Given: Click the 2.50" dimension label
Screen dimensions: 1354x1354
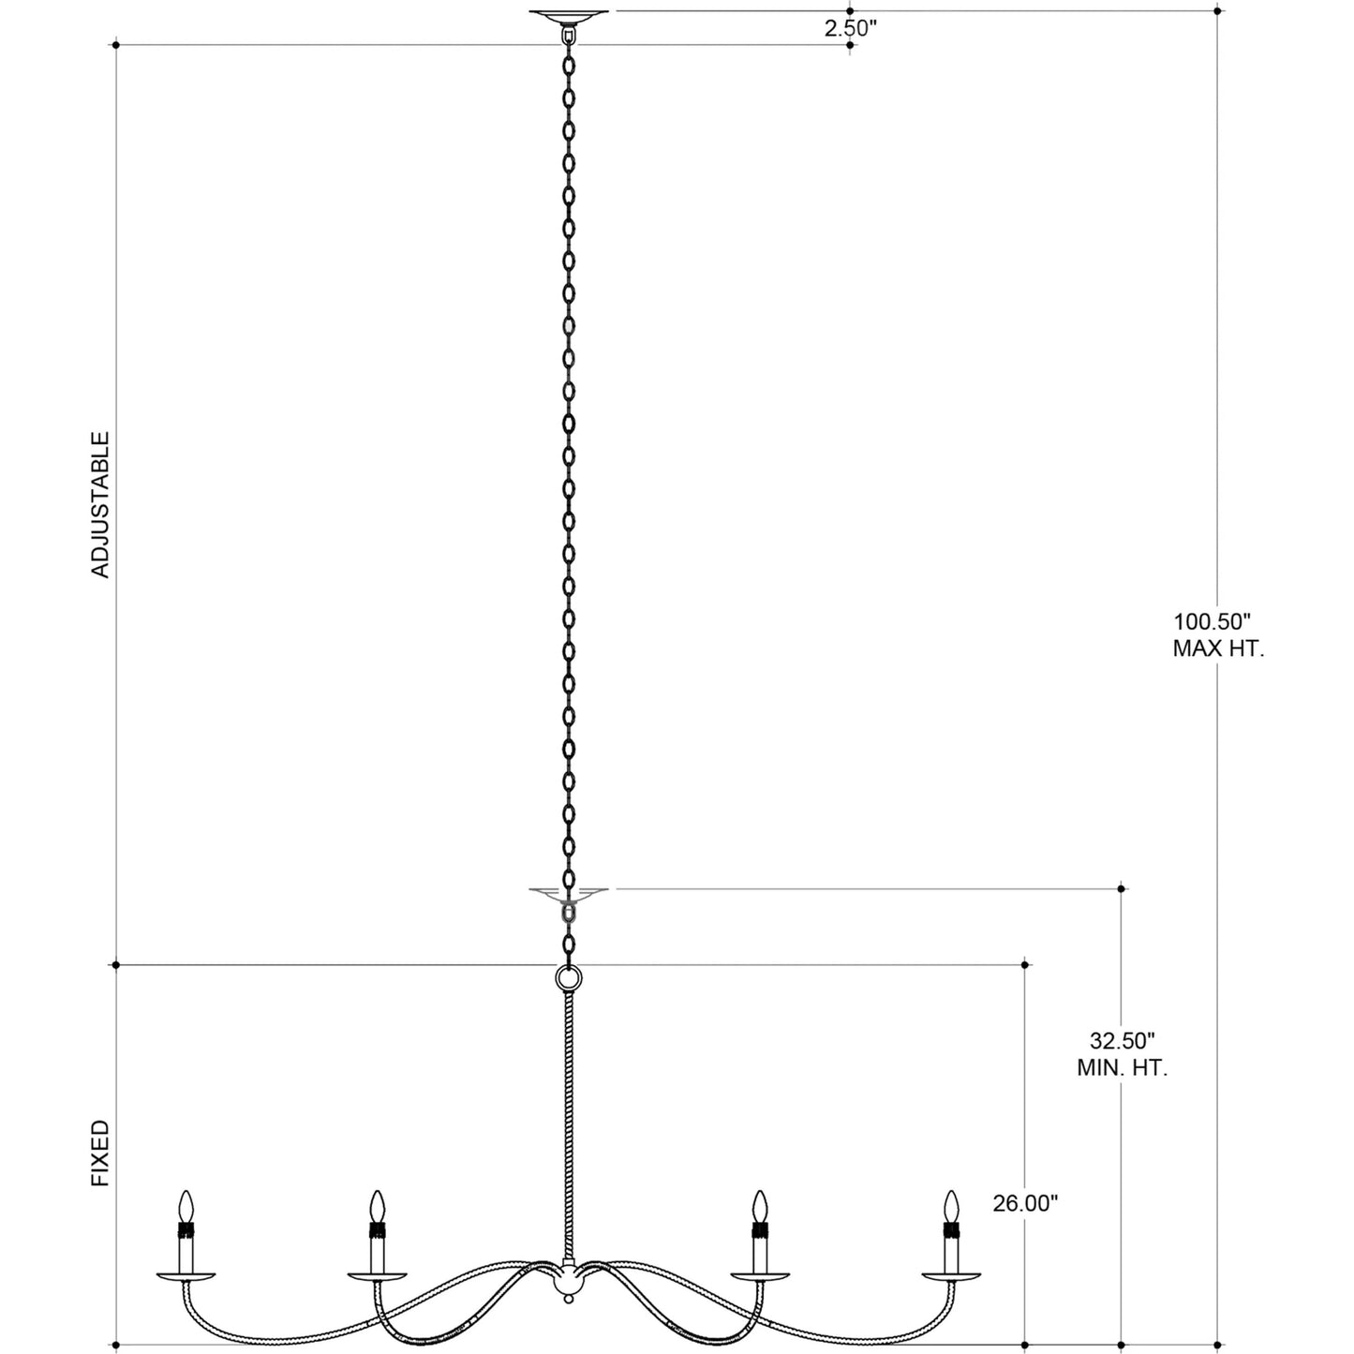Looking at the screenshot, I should (x=849, y=28).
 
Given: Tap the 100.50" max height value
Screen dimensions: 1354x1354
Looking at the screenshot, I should (x=1212, y=620).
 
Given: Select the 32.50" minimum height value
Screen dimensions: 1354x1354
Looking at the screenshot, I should (x=1122, y=1040).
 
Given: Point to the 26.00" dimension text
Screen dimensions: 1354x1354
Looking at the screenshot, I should (x=1025, y=1203).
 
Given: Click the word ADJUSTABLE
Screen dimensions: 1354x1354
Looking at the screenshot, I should (x=100, y=504).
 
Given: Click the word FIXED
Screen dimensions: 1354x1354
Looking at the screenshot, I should (x=100, y=1154).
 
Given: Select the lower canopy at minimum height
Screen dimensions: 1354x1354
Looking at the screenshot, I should (x=568, y=891).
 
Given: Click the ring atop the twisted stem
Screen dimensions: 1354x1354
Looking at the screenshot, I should (x=568, y=978).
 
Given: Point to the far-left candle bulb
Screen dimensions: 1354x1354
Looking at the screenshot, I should (x=186, y=1205).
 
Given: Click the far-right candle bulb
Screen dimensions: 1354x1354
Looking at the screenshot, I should (x=952, y=1205).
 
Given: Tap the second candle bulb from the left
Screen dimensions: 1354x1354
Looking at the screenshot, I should (x=377, y=1205).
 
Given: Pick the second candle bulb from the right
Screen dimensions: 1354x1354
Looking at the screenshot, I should (x=761, y=1205).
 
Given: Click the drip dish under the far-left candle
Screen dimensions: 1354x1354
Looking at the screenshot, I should (x=186, y=1275).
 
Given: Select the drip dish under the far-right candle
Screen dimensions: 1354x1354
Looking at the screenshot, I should (x=952, y=1275).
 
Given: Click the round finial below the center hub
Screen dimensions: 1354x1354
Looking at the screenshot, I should (x=568, y=1297).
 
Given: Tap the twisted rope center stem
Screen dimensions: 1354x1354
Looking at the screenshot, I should (x=568, y=1124).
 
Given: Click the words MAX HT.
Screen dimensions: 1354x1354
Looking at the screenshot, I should (x=1218, y=647).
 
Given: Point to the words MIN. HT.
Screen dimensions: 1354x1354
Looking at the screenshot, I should (x=1122, y=1067).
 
